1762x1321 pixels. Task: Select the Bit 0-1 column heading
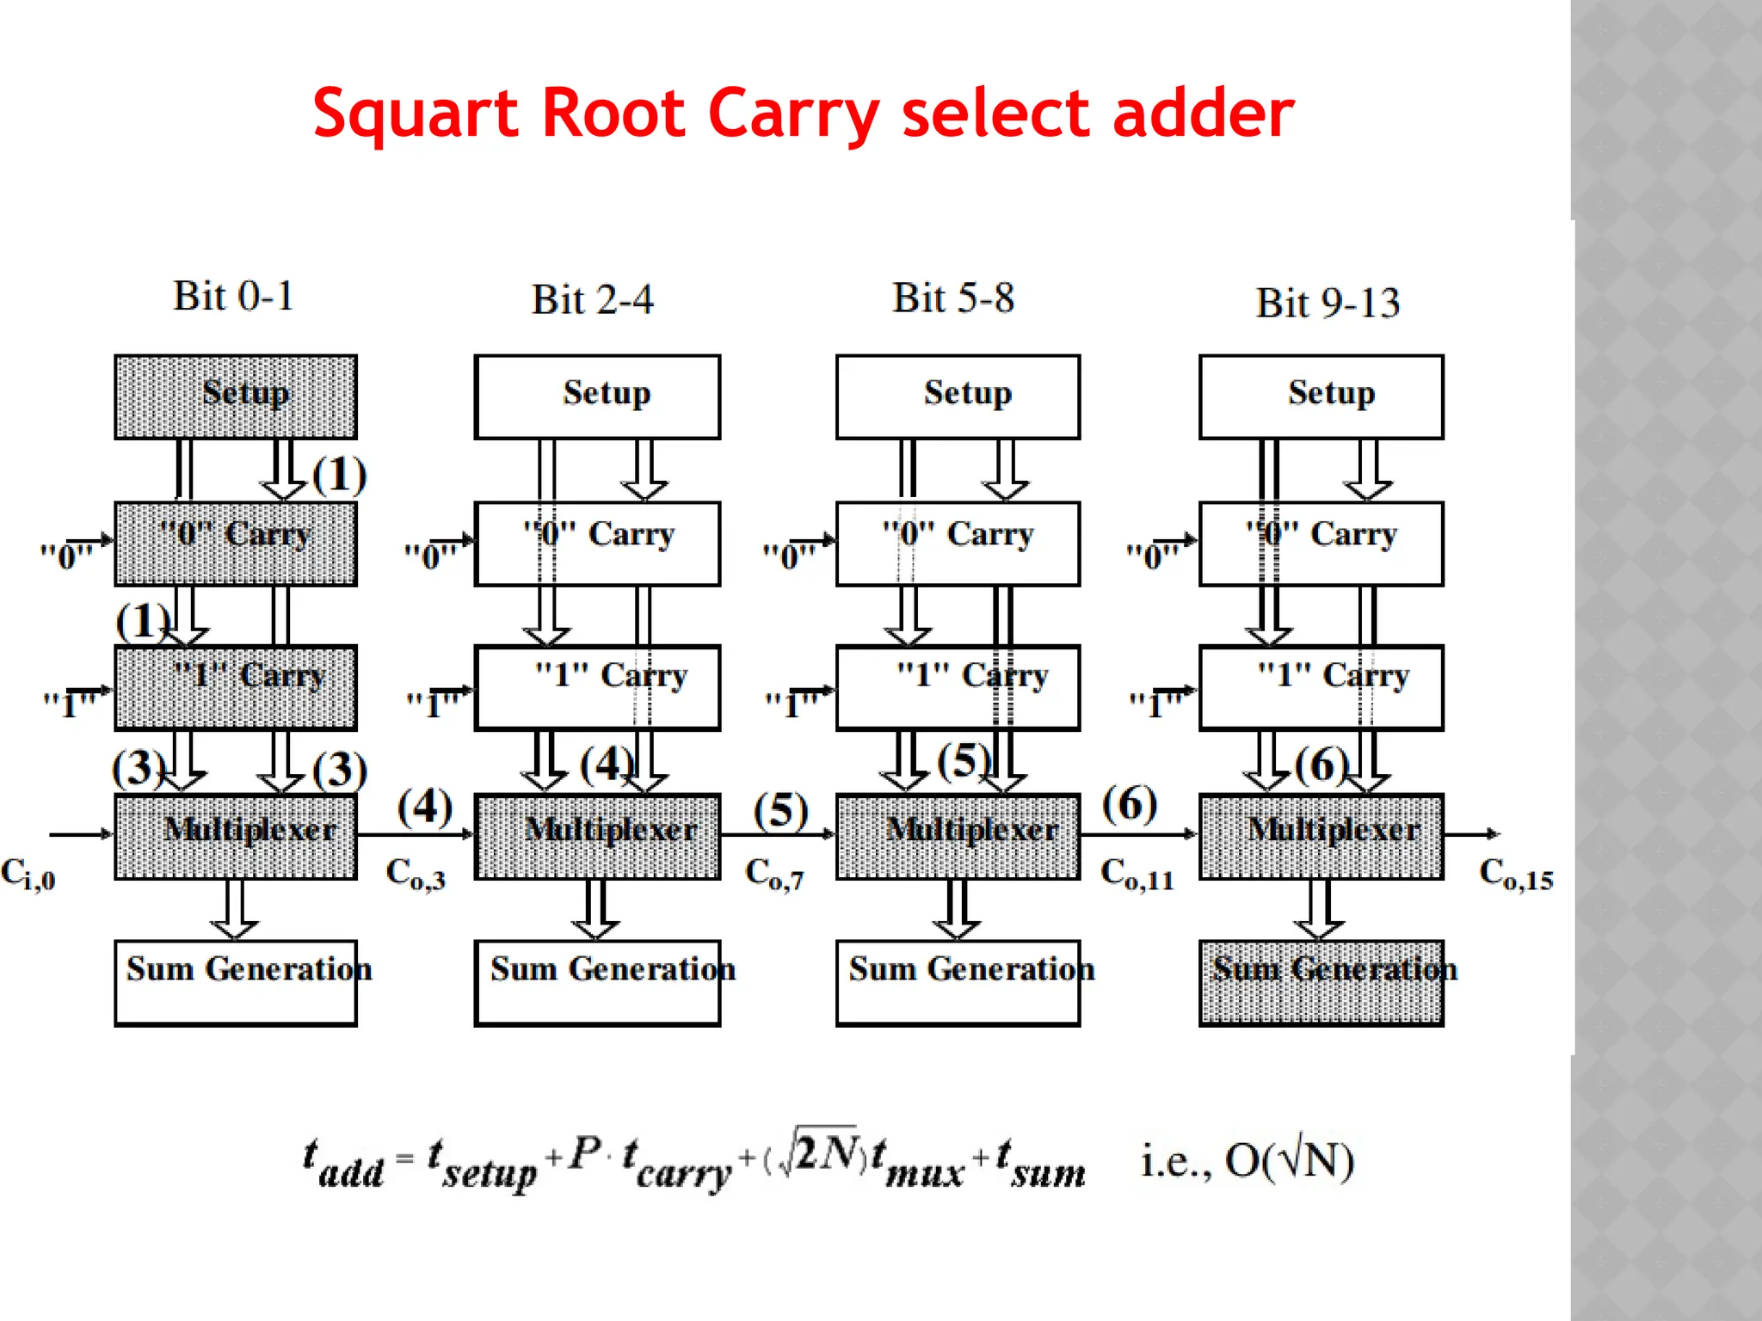(233, 296)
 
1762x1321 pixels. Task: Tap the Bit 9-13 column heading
(1328, 303)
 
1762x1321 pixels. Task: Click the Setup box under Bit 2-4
(597, 396)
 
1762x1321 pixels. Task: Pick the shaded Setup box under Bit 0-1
(236, 396)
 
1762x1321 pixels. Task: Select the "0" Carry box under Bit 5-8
(958, 544)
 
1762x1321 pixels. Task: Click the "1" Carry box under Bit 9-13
(1321, 687)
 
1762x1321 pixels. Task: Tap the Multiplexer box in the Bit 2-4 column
(597, 835)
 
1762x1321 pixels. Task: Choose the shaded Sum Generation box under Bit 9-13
(1321, 982)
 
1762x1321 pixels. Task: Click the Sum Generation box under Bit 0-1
(236, 982)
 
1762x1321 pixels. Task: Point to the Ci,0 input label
(28, 874)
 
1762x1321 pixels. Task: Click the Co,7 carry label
(774, 874)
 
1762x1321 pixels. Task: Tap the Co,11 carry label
(1137, 874)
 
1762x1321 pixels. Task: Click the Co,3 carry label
(416, 874)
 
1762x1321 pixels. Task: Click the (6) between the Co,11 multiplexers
(1130, 804)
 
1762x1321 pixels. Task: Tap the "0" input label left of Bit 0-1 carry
(65, 556)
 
